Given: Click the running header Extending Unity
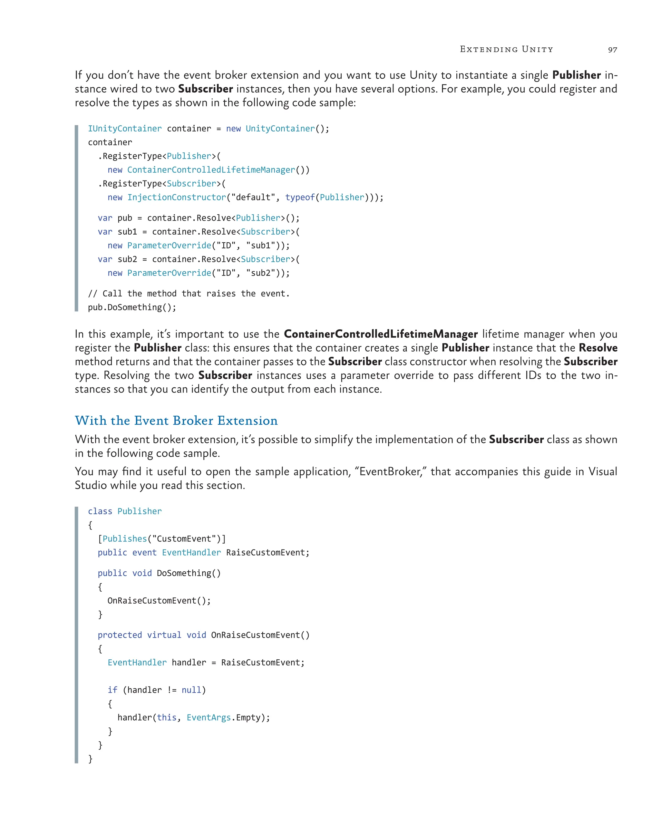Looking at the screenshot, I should coord(506,49).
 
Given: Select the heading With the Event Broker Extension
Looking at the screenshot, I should coord(176,421).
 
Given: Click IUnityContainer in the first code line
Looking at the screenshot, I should coord(125,129).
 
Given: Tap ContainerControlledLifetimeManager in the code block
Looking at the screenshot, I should coord(211,170).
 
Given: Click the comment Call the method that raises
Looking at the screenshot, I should coord(189,294).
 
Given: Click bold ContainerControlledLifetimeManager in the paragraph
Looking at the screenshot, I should coord(380,334).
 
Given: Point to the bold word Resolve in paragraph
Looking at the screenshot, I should coord(597,348).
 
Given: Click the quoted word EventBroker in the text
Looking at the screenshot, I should coord(390,471).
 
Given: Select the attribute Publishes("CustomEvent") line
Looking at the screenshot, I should coord(162,539).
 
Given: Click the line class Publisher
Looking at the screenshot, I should coord(125,511).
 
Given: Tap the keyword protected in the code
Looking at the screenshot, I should coord(120,635).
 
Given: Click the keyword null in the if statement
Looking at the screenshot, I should coord(191,690).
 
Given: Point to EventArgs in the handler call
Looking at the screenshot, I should coord(209,718).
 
